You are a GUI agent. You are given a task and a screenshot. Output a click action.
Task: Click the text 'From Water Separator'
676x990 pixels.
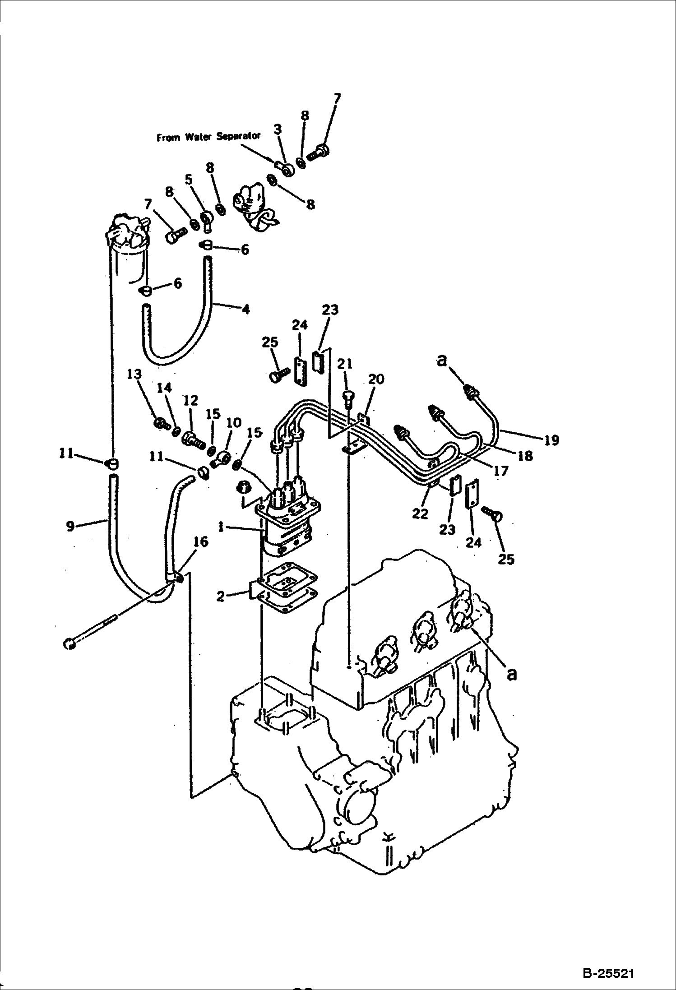point(208,137)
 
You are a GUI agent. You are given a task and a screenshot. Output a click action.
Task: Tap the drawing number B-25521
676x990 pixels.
point(608,971)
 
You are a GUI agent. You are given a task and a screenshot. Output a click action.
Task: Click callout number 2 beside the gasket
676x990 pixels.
point(220,597)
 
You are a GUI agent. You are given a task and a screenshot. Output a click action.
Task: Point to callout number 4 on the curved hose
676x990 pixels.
point(245,310)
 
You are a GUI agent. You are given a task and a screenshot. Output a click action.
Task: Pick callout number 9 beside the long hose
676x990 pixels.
point(70,526)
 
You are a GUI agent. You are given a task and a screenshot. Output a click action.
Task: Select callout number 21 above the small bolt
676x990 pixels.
point(345,364)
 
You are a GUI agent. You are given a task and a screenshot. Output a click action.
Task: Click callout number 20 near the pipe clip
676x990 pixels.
point(376,379)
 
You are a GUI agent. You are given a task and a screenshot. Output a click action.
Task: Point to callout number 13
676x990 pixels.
point(134,375)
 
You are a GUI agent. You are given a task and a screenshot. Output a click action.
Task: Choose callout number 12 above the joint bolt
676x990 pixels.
point(190,400)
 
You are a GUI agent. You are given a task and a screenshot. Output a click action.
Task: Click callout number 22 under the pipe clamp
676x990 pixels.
point(420,514)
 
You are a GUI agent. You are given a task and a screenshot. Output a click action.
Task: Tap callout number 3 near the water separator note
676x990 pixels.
point(278,130)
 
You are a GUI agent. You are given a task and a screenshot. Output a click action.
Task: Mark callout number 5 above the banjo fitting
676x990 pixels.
point(188,180)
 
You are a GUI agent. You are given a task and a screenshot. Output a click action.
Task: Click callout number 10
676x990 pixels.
point(234,423)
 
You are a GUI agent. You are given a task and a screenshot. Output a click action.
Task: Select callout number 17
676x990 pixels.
point(501,471)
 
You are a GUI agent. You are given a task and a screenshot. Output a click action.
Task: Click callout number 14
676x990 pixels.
point(164,387)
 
